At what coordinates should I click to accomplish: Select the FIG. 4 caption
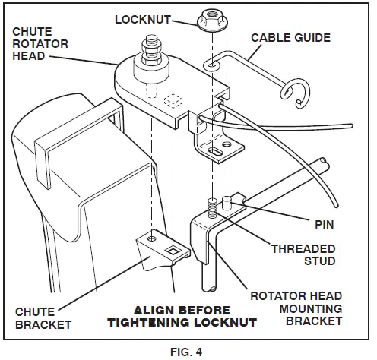pyautogui.click(x=188, y=350)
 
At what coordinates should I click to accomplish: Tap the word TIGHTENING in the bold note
pyautogui.click(x=166, y=324)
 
